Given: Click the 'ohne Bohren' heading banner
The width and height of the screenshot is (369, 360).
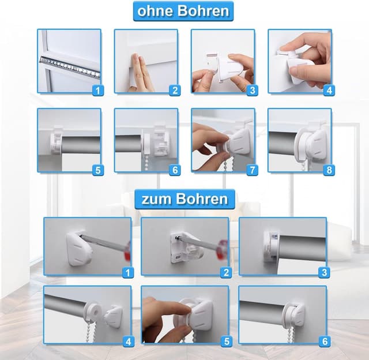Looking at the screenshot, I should coord(183,10).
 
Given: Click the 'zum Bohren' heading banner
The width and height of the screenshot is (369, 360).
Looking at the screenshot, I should coord(184,199).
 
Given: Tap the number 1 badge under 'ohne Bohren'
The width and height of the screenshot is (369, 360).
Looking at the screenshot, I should coord(98,90).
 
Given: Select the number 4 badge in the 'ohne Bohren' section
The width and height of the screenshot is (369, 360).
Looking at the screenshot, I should coord(329,90).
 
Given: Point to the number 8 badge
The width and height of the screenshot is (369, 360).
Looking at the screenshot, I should coord(329,170).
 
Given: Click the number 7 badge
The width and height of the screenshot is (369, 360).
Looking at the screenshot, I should coord(252,170).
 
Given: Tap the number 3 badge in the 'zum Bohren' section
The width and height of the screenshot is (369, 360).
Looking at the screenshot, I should coord(324,272).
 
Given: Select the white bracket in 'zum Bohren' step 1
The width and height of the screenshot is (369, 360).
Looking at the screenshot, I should coord(78,248).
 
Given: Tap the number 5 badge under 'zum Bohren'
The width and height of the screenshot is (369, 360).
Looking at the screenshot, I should coord(227,342).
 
